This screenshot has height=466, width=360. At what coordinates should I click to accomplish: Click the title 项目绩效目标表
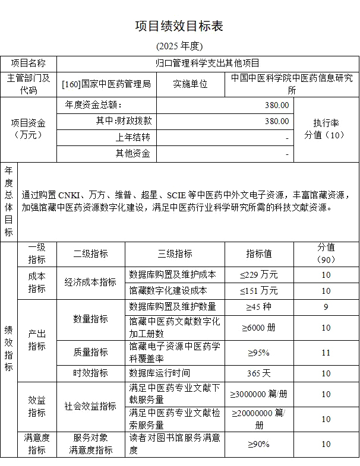tap(179, 26)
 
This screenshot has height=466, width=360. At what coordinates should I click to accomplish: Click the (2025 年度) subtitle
tap(179, 46)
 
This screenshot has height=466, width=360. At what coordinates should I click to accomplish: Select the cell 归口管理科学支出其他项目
tap(207, 63)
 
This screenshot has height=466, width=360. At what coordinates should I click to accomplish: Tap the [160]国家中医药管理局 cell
tap(106, 84)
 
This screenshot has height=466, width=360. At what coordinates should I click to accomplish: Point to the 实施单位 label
tap(190, 84)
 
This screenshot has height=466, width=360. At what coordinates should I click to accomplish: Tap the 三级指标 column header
tap(175, 253)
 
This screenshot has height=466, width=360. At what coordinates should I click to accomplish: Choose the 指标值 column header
tap(259, 253)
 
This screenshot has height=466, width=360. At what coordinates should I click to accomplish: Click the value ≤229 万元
tap(259, 274)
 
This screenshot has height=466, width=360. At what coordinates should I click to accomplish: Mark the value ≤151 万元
tap(259, 290)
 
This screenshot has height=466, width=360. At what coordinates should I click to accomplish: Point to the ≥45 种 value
tap(259, 307)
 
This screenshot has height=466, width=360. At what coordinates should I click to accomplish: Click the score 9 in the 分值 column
tap(326, 307)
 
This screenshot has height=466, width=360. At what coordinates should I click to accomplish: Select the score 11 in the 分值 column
tap(326, 353)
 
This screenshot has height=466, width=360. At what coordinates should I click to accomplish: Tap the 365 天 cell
tap(259, 373)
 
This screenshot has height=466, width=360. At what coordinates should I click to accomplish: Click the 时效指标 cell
tap(90, 373)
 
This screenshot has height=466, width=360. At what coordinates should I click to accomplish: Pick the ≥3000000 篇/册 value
tap(259, 394)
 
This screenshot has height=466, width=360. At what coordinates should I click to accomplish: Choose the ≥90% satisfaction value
tap(259, 444)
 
